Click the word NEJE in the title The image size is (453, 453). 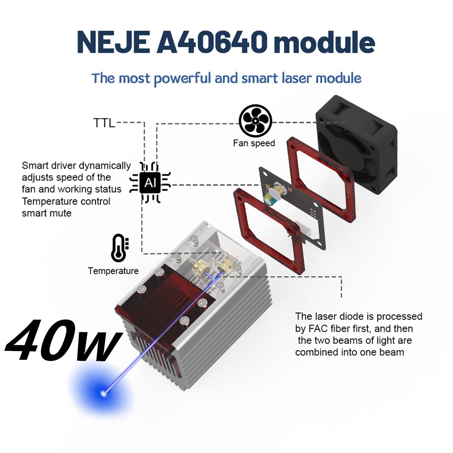click(x=113, y=42)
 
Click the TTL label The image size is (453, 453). click(x=104, y=123)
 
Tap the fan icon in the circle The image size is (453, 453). click(x=255, y=121)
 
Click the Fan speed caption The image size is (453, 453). click(x=254, y=143)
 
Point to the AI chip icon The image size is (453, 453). click(x=150, y=182)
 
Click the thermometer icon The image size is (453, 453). click(x=119, y=248)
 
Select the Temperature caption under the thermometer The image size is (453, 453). click(x=113, y=271)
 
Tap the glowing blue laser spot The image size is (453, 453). click(x=103, y=393)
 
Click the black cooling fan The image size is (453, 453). click(x=356, y=144)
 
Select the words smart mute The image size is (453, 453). click(x=46, y=213)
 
